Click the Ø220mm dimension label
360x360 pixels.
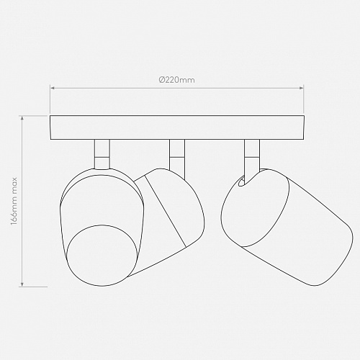tap(177, 79)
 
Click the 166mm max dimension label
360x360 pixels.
tap(14, 201)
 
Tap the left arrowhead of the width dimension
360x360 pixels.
tap(52, 89)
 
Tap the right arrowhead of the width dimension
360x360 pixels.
tap(302, 89)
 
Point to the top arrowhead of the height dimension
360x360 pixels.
tap(22, 118)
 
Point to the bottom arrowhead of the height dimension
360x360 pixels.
tap(22, 284)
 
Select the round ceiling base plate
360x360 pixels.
tap(177, 127)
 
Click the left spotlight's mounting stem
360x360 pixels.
tap(102, 154)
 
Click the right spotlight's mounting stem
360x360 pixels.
tap(252, 157)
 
